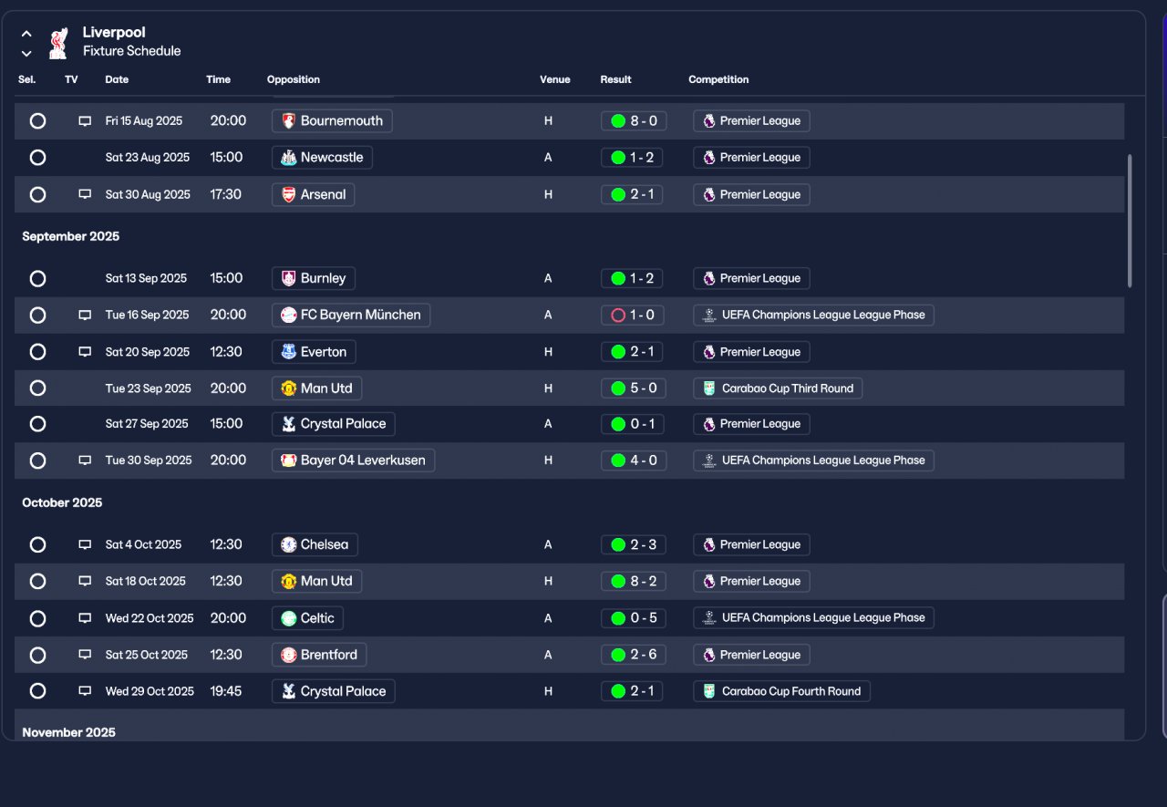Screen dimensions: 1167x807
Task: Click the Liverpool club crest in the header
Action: coord(58,43)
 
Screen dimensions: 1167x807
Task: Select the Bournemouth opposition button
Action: coord(332,121)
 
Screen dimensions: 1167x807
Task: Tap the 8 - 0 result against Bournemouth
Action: coord(634,121)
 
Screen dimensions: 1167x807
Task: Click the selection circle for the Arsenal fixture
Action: coord(37,195)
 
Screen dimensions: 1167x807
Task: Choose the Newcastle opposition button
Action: coord(322,158)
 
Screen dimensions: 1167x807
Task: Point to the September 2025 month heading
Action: coord(71,236)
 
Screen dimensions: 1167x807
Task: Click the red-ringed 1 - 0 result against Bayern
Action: coord(633,316)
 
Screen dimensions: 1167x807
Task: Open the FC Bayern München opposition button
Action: coord(351,316)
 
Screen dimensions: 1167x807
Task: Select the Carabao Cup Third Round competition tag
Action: coord(778,388)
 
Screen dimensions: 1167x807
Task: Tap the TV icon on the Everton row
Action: coord(85,352)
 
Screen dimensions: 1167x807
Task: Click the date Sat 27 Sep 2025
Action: coord(147,424)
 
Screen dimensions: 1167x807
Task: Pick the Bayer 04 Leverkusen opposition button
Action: coord(353,460)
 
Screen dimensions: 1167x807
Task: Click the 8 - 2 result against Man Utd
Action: coord(634,582)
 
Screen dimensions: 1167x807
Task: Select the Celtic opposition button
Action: coord(307,618)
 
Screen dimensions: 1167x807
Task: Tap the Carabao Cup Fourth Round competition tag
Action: coord(781,691)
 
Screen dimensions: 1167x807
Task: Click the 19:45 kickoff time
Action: coord(225,691)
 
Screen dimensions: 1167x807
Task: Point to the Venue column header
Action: coord(555,79)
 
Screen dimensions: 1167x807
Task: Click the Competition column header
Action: coord(718,79)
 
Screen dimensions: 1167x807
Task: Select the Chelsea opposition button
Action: coord(315,545)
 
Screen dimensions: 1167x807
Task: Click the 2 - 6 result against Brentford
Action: coord(634,655)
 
